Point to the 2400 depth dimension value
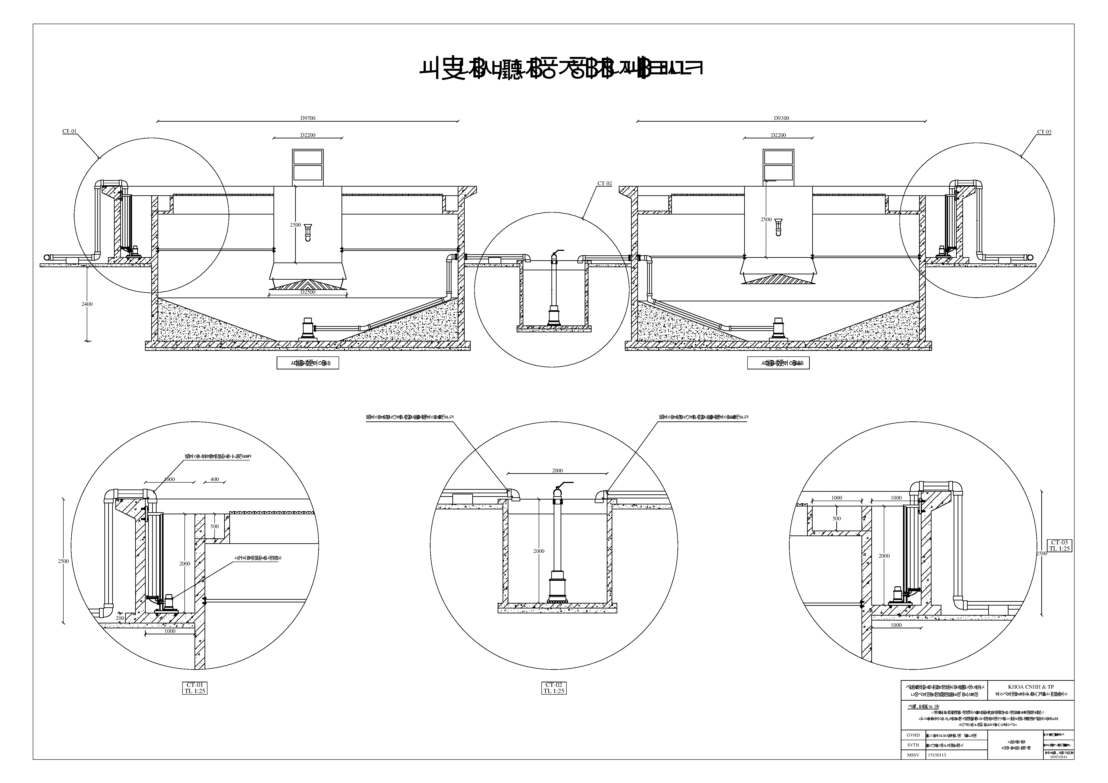pos(87,304)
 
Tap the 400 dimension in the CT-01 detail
pos(215,479)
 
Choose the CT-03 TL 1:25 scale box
pos(1060,546)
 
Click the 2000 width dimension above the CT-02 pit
pos(557,471)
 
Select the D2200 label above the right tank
pos(778,135)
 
